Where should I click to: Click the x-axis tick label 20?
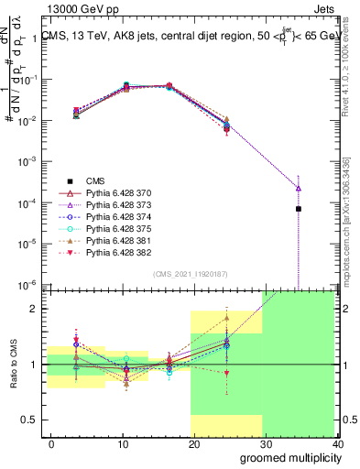[x=190, y=444]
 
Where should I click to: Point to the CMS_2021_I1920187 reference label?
[x=189, y=273]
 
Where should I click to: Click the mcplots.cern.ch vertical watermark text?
[x=351, y=221]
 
